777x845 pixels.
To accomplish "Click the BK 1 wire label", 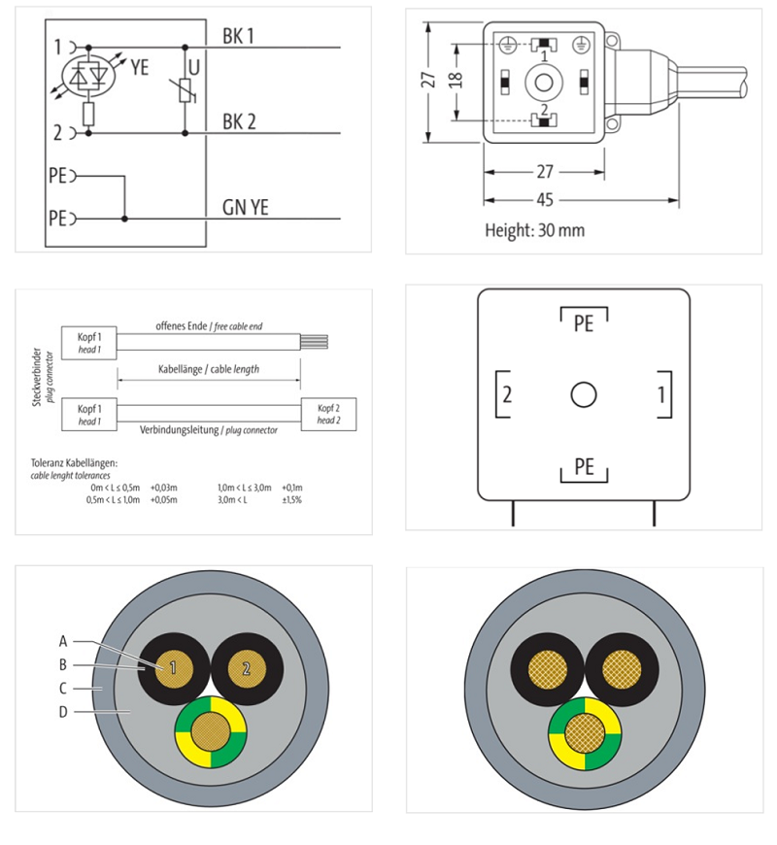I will pos(239,35).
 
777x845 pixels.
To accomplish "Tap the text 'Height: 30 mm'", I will pos(534,231).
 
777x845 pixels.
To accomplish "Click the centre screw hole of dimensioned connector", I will pos(542,84).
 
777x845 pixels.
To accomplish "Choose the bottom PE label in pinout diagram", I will pos(583,467).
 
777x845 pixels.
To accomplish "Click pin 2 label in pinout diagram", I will pos(507,394).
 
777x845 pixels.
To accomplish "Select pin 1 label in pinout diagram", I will pos(660,394).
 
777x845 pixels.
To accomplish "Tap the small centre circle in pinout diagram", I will pos(583,395).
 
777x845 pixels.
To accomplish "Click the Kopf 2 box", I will pos(328,414).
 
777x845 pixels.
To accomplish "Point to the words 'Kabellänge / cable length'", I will pos(208,370).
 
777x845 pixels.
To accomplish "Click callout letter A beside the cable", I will pos(63,641).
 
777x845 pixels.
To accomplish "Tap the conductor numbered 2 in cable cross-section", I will pos(246,668).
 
